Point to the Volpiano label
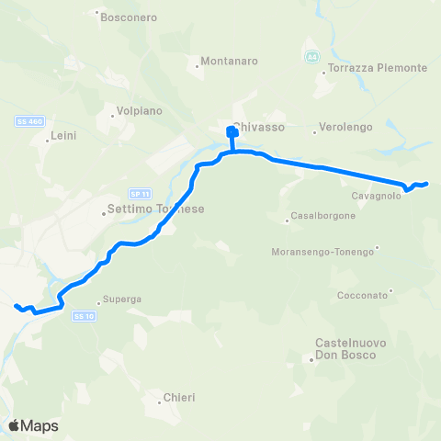point(139,111)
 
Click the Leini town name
point(63,135)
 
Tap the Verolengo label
point(346,128)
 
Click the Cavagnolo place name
point(376,196)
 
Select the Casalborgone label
point(316,216)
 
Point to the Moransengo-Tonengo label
point(323,251)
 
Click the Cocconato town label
point(362,295)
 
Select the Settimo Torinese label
point(155,209)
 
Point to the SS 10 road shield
point(84,316)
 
